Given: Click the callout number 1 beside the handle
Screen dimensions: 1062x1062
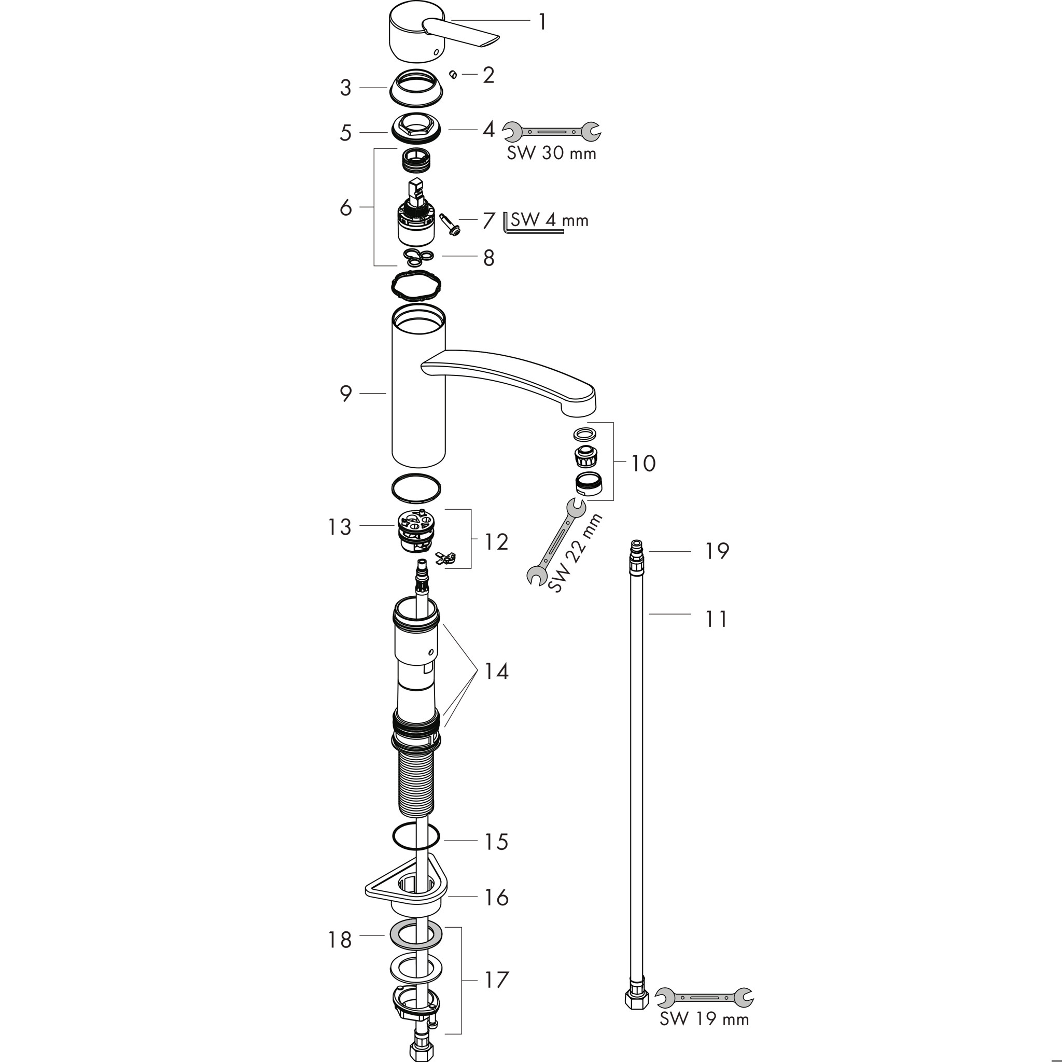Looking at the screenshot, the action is coord(542,22).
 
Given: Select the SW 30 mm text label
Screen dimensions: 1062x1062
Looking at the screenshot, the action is coord(551,153).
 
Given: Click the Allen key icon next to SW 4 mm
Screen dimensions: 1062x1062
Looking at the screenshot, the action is coord(532,223).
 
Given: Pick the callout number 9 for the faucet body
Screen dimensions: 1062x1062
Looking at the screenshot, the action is coord(346,394).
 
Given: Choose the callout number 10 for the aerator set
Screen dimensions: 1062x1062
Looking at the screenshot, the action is coord(642,464).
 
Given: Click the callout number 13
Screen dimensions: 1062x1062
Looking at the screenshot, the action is coord(339,527).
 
